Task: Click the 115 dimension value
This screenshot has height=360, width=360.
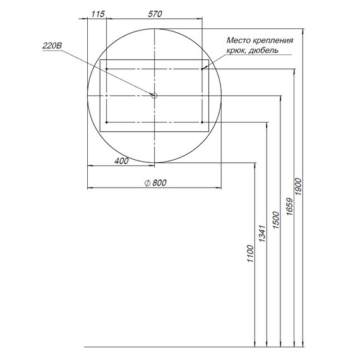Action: click(98, 14)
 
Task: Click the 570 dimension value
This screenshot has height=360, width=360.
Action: click(155, 14)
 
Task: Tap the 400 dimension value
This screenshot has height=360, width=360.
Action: click(121, 161)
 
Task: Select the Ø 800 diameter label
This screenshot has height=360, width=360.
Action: click(155, 183)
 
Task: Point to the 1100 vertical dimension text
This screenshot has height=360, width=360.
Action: click(250, 254)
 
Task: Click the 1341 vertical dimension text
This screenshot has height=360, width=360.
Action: click(262, 234)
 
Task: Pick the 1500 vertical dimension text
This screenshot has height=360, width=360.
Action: click(275, 220)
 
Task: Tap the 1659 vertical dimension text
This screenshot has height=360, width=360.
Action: click(289, 207)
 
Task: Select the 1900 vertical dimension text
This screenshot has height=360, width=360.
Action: click(299, 186)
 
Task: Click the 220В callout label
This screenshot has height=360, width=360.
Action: click(52, 45)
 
